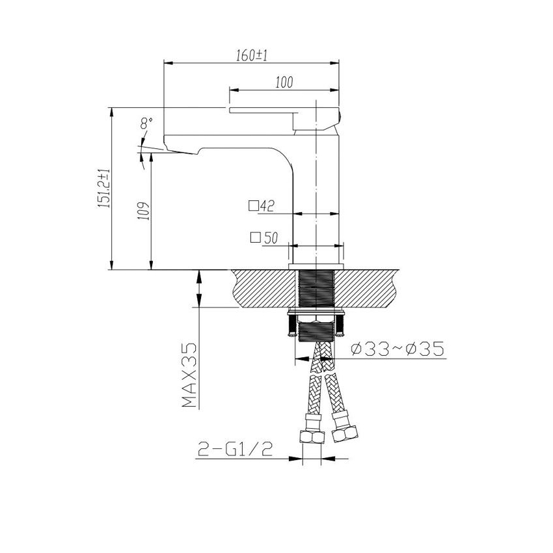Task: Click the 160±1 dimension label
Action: point(252,55)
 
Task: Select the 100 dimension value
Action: point(284,82)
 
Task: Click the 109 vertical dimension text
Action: point(144,211)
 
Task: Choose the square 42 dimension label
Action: point(262,206)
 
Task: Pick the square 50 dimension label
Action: point(263,238)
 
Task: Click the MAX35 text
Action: point(189,376)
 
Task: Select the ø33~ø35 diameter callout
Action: point(397,349)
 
